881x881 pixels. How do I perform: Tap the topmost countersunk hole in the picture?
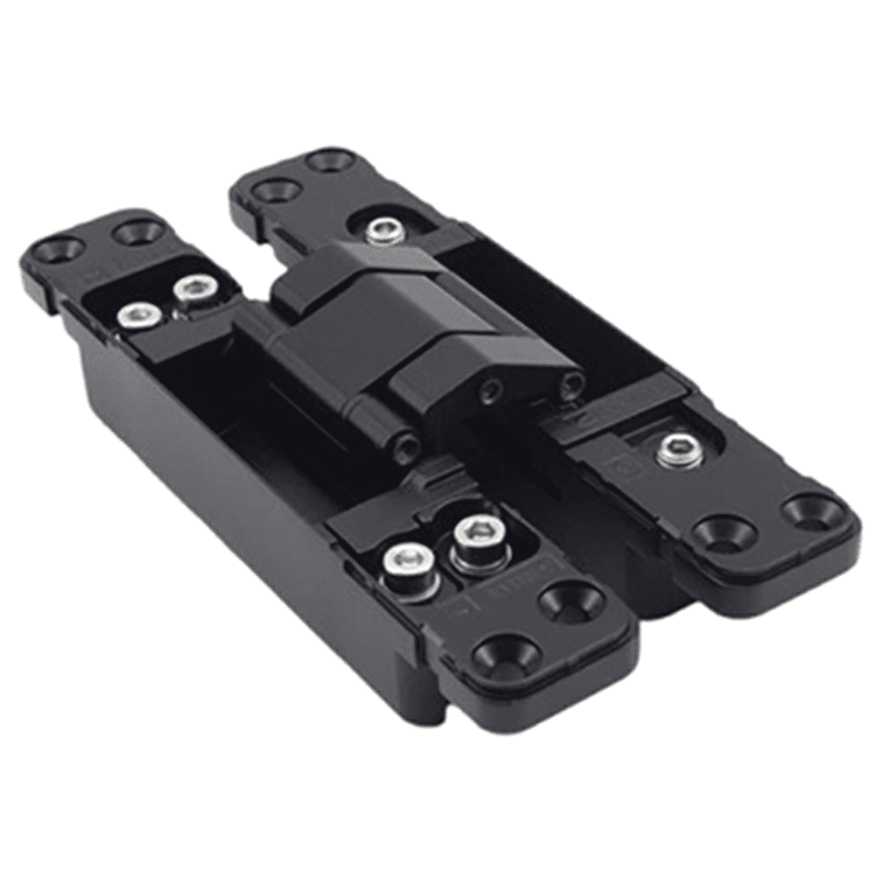(x=329, y=161)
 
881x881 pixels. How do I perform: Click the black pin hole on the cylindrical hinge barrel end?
(x=408, y=443)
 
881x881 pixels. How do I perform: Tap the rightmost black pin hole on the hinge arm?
(x=574, y=382)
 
